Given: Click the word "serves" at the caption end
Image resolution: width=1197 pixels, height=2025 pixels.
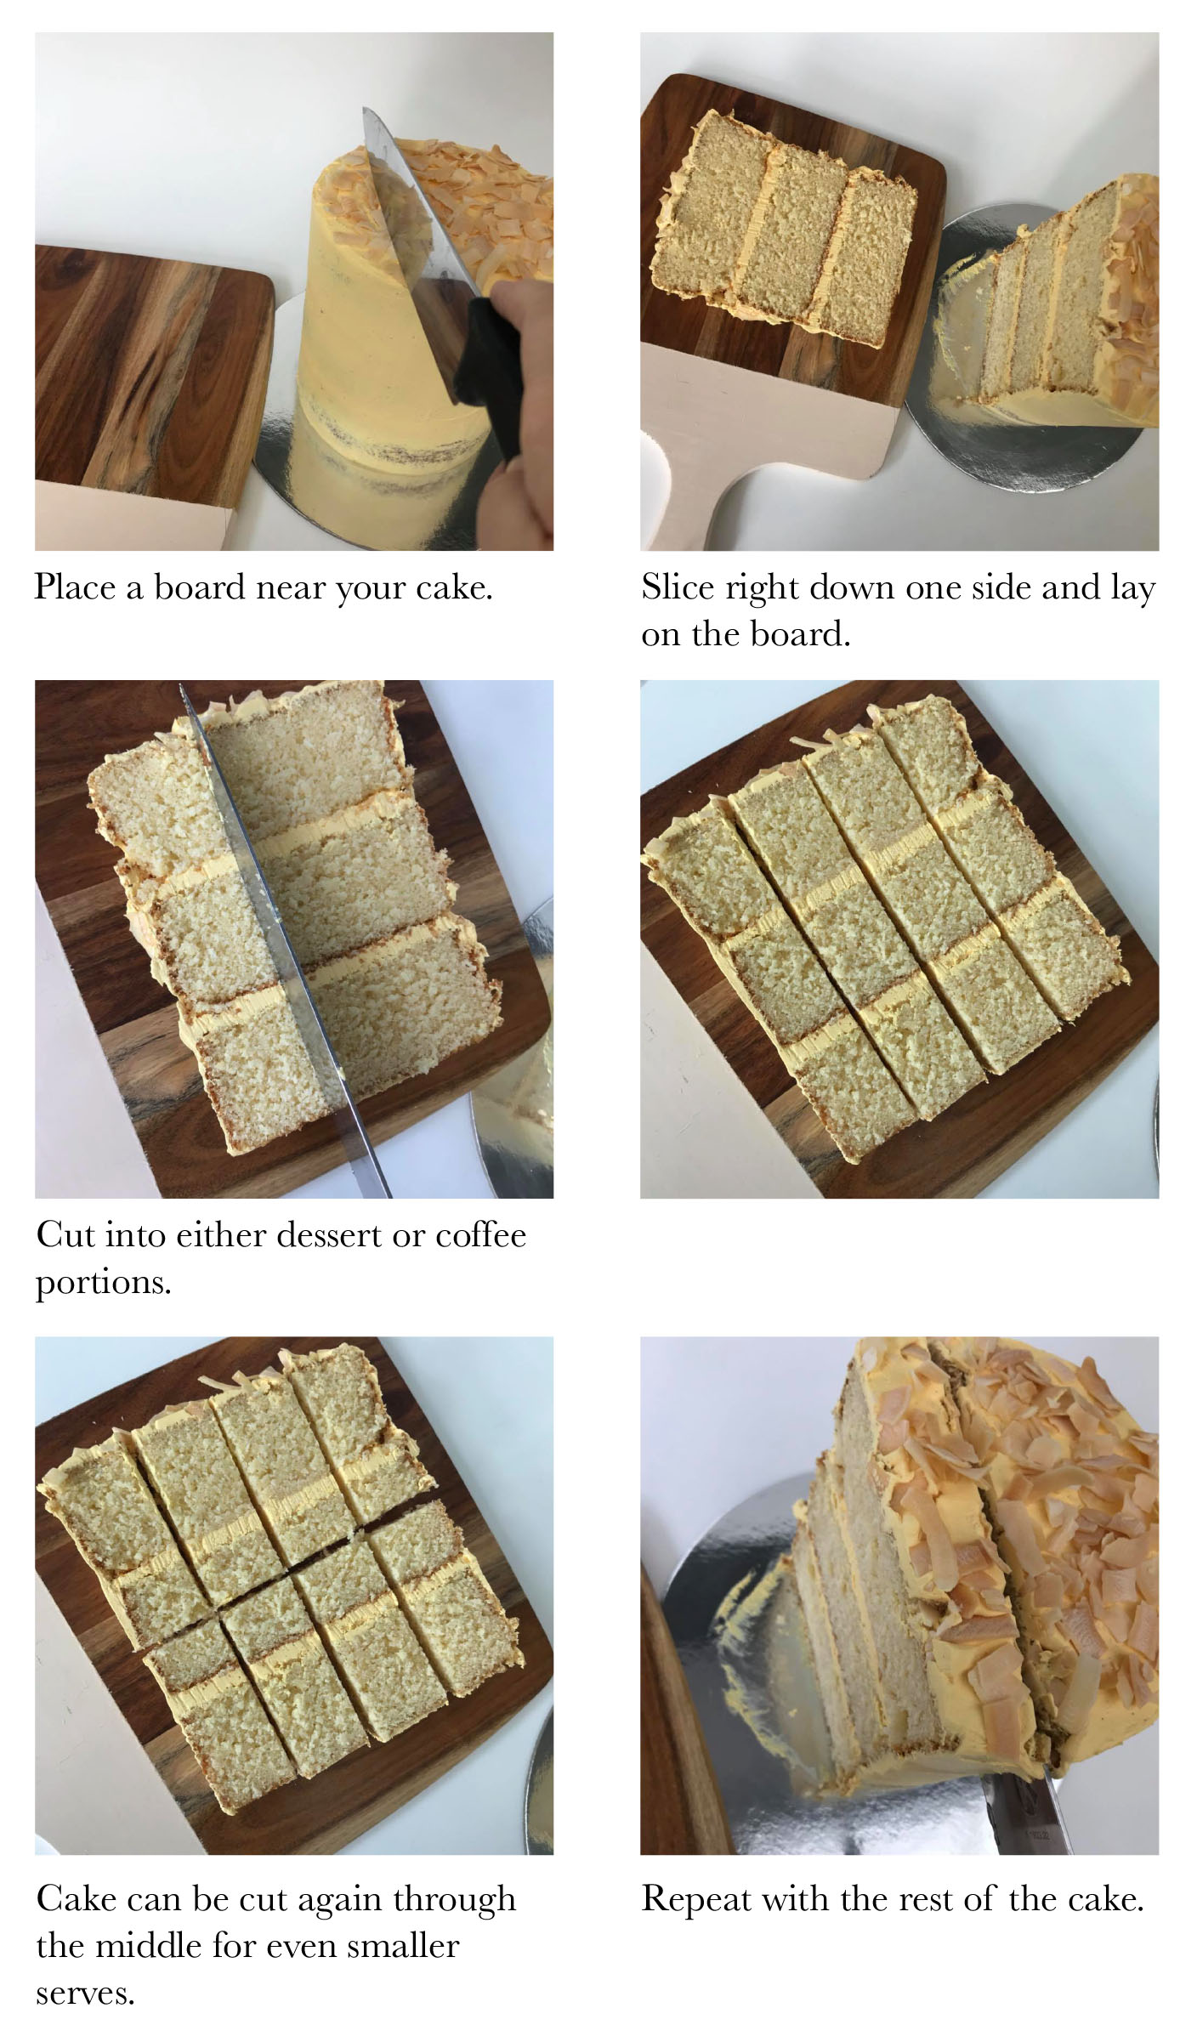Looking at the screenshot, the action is pos(85,1993).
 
